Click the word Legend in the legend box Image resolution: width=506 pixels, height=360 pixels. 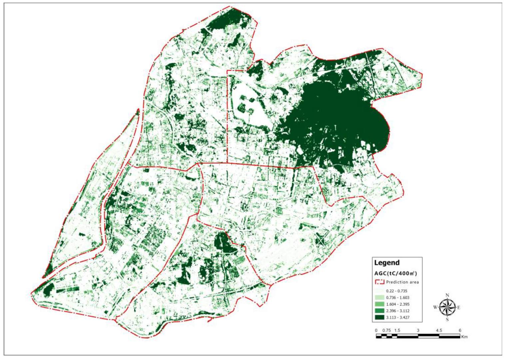[387, 263]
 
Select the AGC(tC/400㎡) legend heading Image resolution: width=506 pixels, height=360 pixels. [395, 273]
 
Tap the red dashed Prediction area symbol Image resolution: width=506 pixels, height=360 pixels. [379, 282]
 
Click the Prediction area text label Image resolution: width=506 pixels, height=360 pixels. [402, 282]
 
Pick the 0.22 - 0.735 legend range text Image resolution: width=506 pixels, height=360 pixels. [396, 291]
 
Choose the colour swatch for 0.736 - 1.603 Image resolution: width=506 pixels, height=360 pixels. [379, 298]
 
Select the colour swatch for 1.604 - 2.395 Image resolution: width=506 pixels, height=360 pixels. [379, 304]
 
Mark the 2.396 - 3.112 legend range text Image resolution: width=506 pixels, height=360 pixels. [398, 311]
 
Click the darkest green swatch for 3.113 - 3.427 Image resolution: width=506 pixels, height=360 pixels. [379, 317]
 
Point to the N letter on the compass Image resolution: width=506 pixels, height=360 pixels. [447, 295]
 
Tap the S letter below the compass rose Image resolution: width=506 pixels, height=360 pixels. [447, 320]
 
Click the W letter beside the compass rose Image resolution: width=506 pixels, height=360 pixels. [435, 307]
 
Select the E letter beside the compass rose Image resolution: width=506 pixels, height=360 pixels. [459, 307]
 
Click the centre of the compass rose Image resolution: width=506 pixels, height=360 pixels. [447, 307]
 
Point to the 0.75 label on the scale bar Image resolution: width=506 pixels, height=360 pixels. [386, 330]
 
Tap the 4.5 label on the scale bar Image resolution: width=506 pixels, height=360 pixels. [439, 330]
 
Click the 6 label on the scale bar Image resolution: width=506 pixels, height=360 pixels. [460, 330]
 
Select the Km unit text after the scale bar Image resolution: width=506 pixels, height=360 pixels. [464, 337]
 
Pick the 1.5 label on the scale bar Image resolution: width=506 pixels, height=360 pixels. [397, 330]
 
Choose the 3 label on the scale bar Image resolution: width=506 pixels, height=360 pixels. [418, 330]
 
